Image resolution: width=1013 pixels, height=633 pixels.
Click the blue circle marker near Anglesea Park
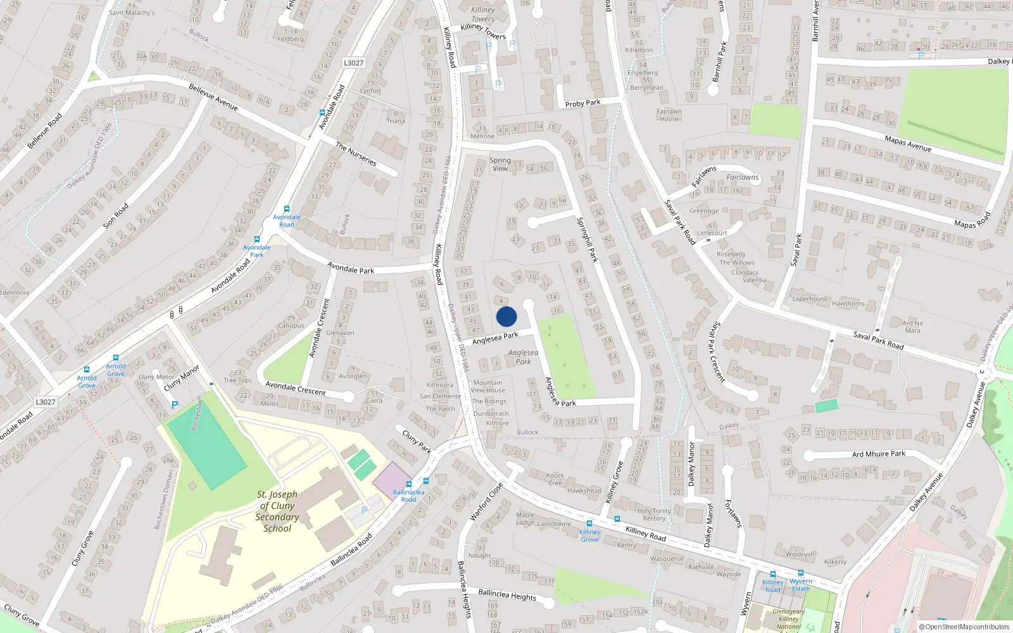(507, 316)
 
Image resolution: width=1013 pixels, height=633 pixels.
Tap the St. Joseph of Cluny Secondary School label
(277, 511)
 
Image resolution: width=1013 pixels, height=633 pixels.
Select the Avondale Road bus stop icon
(287, 209)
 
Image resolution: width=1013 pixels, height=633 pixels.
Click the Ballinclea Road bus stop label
(408, 496)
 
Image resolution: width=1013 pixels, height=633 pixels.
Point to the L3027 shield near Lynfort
(353, 63)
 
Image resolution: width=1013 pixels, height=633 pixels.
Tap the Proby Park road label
(582, 103)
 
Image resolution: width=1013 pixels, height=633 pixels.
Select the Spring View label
(500, 164)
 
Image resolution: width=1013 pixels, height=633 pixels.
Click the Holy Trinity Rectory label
(654, 514)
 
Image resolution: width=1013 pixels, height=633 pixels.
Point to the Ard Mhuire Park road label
(878, 454)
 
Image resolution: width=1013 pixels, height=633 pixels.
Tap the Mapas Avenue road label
(908, 144)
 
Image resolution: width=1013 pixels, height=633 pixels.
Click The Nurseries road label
(356, 154)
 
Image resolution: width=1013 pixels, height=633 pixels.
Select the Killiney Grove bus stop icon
(589, 523)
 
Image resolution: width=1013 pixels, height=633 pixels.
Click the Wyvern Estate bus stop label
(801, 585)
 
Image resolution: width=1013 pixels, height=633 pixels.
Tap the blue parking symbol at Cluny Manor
(175, 405)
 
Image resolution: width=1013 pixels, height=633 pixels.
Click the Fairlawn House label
(669, 115)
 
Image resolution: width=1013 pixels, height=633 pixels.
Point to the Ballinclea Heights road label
(507, 595)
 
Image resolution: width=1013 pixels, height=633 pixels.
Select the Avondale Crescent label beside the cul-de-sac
(295, 388)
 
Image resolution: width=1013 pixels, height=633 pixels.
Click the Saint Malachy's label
(132, 13)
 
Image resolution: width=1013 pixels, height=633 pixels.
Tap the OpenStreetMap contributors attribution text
(964, 627)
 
